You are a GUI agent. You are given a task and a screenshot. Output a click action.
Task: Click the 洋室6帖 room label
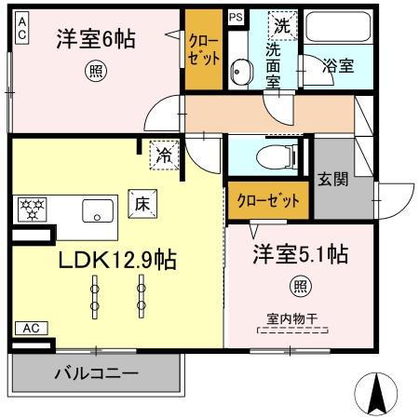pos(96,39)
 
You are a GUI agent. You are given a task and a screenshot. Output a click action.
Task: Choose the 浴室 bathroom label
pos(337,66)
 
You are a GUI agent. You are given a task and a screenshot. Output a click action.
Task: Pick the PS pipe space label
pos(236,16)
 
